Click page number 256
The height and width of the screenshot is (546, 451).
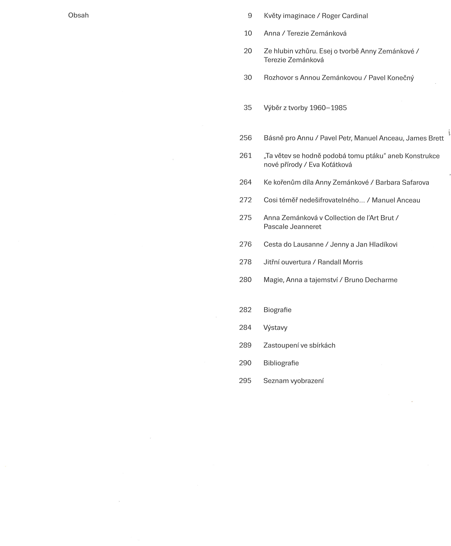tap(246, 138)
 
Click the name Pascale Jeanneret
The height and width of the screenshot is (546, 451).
tap(292, 227)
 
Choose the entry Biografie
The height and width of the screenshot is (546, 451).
tap(277, 310)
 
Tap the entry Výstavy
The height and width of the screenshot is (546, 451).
tap(275, 328)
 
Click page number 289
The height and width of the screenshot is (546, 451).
tap(245, 345)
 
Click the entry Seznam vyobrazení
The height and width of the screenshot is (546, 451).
tap(293, 381)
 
